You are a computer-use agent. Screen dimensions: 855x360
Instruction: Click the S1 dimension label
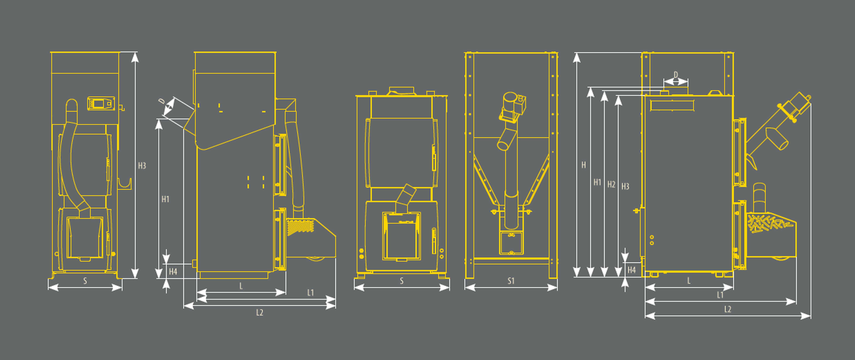511,281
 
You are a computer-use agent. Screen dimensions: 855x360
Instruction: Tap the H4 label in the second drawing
173,272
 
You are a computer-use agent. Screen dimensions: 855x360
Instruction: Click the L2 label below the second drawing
260,312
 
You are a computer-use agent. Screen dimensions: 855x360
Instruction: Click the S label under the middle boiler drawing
402,281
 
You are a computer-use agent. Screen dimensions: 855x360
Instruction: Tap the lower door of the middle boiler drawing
402,236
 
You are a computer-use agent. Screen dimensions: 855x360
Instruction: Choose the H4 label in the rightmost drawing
632,270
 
